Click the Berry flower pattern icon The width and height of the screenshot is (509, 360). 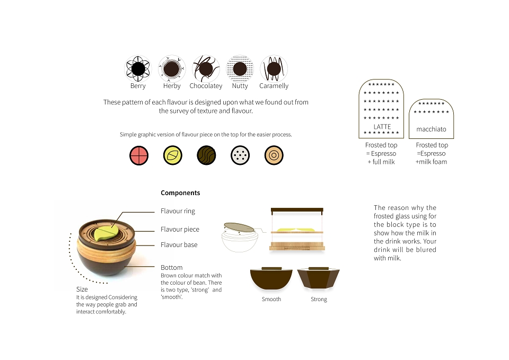click(x=138, y=69)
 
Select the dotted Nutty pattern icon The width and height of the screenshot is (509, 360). click(x=240, y=69)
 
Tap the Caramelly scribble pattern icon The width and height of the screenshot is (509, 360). click(x=274, y=69)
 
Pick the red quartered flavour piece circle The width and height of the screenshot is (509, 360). click(x=139, y=155)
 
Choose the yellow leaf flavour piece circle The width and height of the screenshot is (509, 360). click(x=173, y=155)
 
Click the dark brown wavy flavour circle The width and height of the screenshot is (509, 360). click(x=206, y=155)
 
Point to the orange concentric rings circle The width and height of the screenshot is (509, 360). click(x=274, y=155)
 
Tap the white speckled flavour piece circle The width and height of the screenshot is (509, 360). click(x=240, y=155)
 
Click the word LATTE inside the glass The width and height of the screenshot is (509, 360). click(x=382, y=127)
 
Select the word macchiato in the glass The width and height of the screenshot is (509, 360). click(x=431, y=129)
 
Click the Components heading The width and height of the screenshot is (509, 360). click(x=180, y=193)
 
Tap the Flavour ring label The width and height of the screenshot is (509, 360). click(x=178, y=212)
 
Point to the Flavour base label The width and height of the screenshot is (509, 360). click(x=179, y=245)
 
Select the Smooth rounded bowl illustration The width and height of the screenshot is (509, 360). click(x=271, y=278)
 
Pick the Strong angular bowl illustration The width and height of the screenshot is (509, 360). click(x=319, y=278)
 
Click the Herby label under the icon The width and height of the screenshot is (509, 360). click(x=172, y=86)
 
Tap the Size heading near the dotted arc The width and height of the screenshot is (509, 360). click(x=82, y=289)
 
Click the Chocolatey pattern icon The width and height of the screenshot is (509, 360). click(x=206, y=69)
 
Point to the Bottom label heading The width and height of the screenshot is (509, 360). click(x=171, y=268)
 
